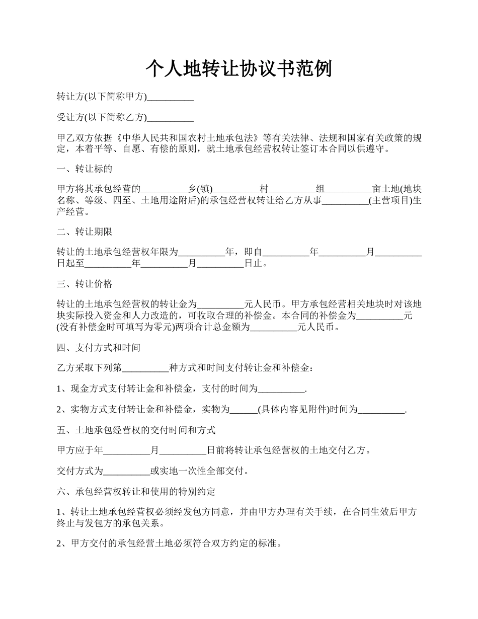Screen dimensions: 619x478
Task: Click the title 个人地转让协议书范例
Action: [238, 68]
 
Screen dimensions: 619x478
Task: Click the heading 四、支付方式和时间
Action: [99, 348]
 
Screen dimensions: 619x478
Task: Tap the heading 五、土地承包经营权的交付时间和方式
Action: [136, 430]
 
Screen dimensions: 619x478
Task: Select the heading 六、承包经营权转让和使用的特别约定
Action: [136, 491]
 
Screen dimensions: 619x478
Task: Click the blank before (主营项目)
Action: [345, 201]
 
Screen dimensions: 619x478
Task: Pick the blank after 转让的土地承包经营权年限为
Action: [202, 252]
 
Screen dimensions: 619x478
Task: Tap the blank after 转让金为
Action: [220, 304]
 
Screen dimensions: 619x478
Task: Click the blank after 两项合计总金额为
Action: [273, 328]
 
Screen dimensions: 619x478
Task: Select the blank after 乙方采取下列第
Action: [146, 369]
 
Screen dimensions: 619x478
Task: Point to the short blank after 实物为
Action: [244, 410]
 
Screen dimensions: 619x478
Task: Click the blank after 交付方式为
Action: [127, 472]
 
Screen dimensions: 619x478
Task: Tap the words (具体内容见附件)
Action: [293, 410]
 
